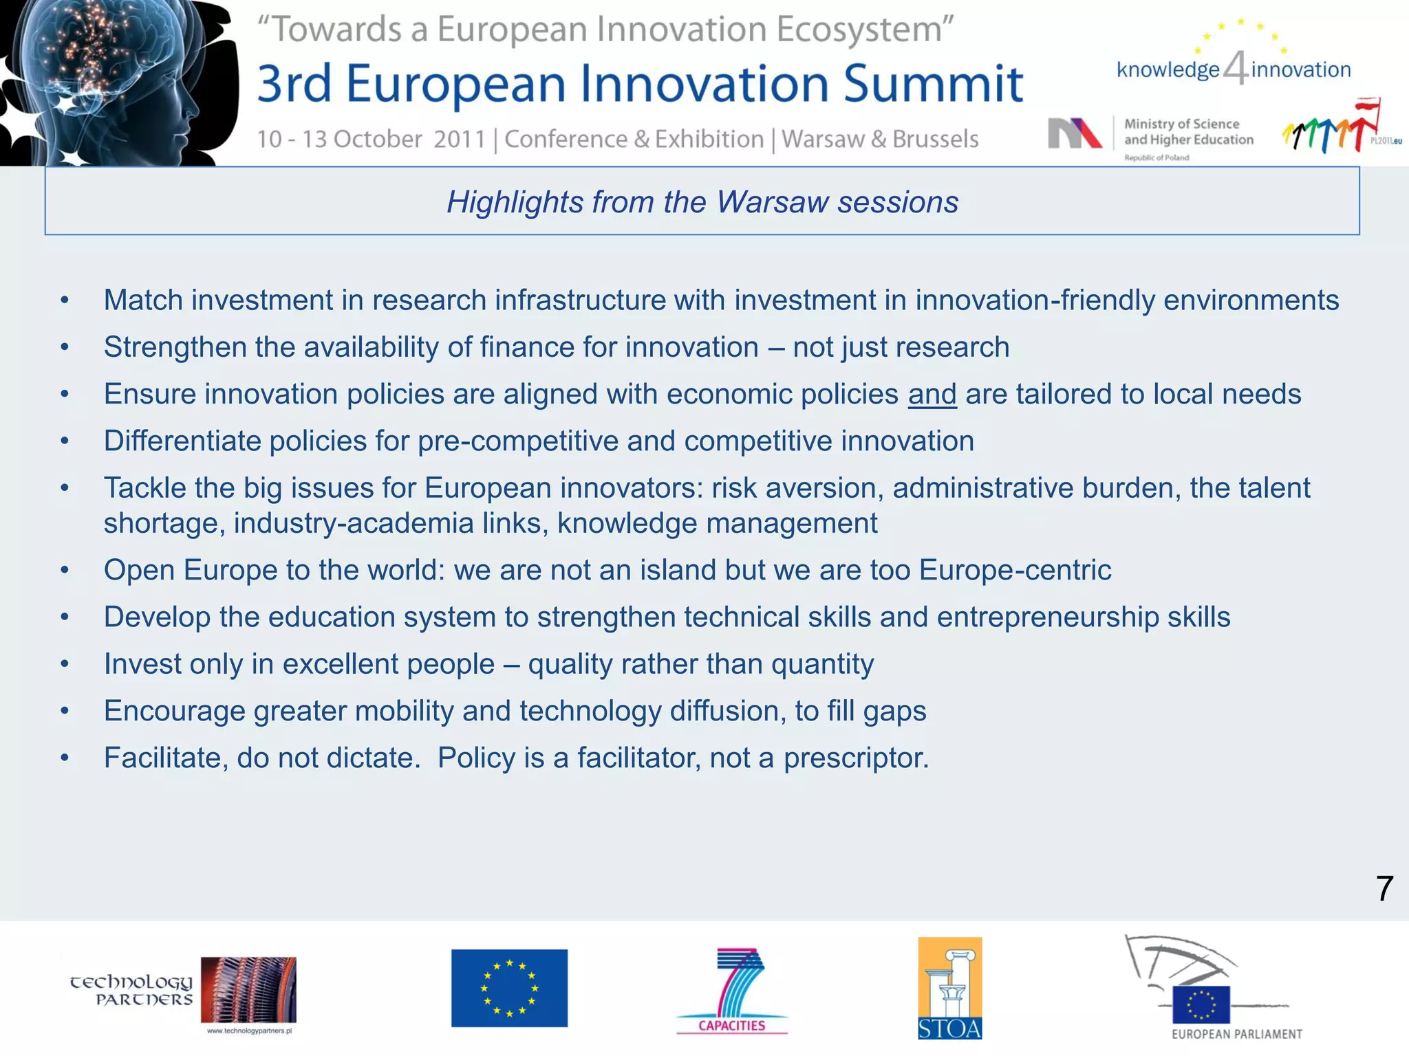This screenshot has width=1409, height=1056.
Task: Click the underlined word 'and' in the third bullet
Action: pyautogui.click(x=932, y=395)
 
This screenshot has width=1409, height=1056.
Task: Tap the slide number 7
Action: pyautogui.click(x=1384, y=889)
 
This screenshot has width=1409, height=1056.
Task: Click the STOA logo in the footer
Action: pyautogui.click(x=949, y=988)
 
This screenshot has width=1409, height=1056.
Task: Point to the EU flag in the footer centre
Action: pyautogui.click(x=509, y=988)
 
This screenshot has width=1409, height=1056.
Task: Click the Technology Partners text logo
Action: pyautogui.click(x=131, y=990)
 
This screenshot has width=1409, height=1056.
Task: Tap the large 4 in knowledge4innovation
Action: pyautogui.click(x=1236, y=69)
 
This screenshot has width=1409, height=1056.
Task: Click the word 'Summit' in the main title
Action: pyautogui.click(x=933, y=84)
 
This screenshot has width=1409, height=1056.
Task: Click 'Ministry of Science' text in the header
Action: pyautogui.click(x=1181, y=124)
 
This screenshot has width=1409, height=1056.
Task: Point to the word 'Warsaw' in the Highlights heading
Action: pyautogui.click(x=772, y=202)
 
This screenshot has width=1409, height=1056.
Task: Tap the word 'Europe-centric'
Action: pyautogui.click(x=1015, y=571)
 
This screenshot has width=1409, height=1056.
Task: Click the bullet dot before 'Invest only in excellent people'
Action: pyautogui.click(x=65, y=665)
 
